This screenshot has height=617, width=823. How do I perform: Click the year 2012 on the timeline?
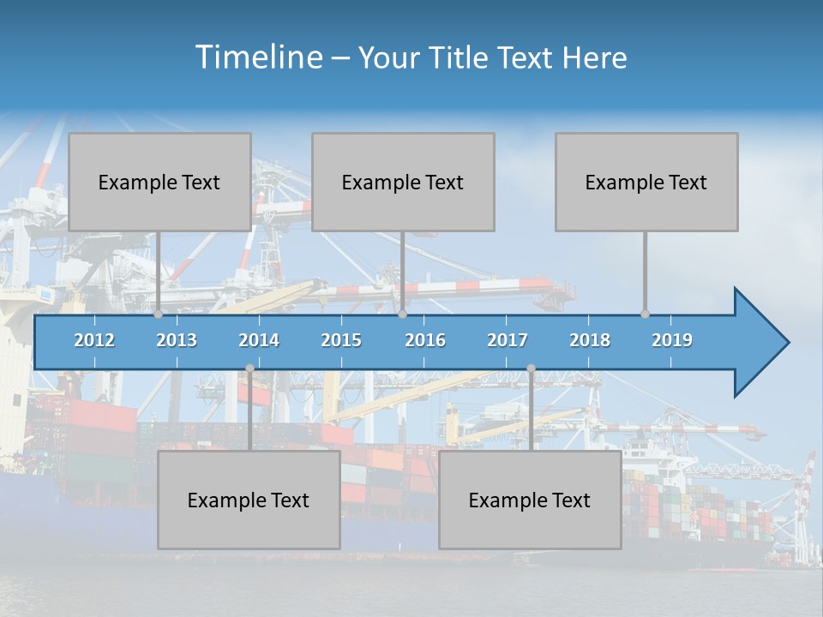tap(94, 340)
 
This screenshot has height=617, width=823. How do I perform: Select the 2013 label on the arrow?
tap(177, 340)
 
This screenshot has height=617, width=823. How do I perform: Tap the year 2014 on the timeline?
tap(259, 340)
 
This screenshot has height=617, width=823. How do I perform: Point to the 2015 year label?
tap(341, 340)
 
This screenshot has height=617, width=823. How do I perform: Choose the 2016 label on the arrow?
tap(425, 340)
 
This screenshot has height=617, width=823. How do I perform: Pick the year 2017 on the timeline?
tap(508, 340)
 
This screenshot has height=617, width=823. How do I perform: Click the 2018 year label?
tap(590, 340)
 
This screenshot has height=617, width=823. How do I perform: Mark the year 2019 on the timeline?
tap(672, 340)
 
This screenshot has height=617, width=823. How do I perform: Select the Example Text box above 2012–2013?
tap(159, 182)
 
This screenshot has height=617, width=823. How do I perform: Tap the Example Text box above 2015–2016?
tap(403, 182)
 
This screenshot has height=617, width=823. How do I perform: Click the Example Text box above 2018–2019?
tap(646, 182)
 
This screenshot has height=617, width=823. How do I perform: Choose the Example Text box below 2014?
tap(249, 500)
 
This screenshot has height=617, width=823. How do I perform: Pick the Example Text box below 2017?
tap(530, 500)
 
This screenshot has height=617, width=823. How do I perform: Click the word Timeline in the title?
tap(257, 57)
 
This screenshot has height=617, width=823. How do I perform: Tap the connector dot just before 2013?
tap(159, 314)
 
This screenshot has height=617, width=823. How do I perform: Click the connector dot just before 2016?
tap(402, 314)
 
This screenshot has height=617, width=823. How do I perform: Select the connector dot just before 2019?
tap(646, 314)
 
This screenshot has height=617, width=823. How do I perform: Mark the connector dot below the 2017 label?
tap(531, 368)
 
